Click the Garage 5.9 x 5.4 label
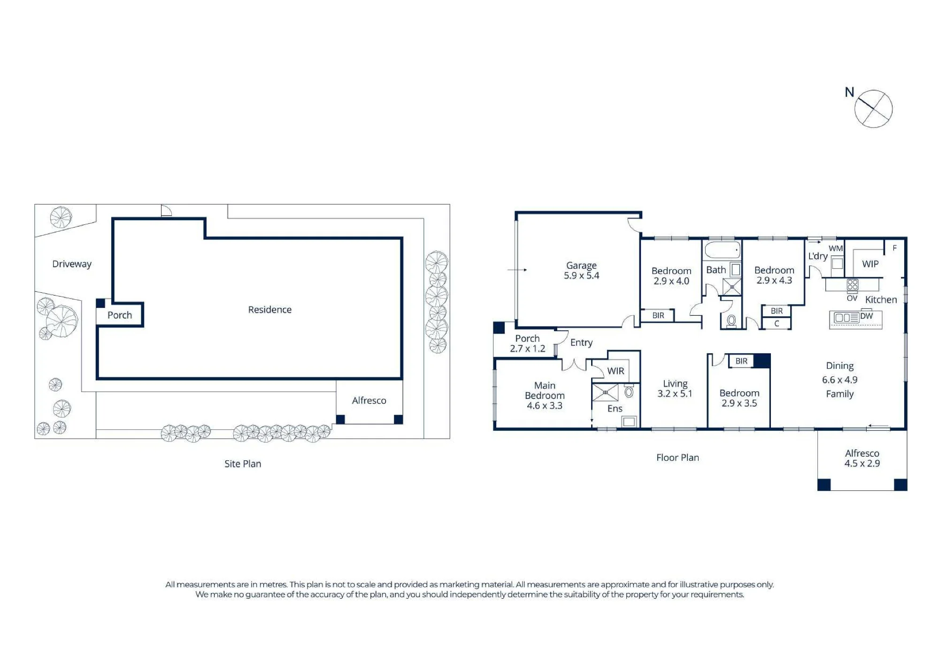point(581,271)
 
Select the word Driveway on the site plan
point(72,264)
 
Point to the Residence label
point(270,310)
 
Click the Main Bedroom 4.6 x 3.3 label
point(545,396)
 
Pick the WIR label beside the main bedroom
point(616,371)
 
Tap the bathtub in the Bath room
point(723,250)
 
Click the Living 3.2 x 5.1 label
point(675,389)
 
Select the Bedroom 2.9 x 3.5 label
point(739,398)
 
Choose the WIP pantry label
point(870,264)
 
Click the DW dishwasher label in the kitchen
point(867,316)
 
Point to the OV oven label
point(852,298)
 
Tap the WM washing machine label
point(836,249)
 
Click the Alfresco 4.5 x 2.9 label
point(862,458)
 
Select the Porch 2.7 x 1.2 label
point(528,343)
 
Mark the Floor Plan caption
point(677,457)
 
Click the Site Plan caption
point(243,464)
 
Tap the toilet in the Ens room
point(629,391)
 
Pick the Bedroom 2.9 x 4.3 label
point(774,275)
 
